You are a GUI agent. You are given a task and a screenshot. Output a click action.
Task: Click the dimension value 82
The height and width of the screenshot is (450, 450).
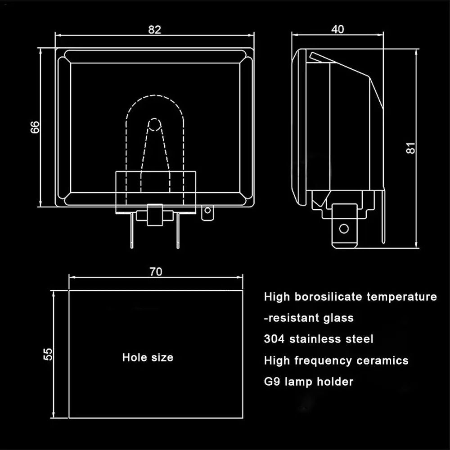(154, 29)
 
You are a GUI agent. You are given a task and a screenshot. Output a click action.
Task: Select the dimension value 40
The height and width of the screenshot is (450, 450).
(337, 29)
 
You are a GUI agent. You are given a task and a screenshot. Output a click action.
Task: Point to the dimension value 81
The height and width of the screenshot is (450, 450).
(410, 148)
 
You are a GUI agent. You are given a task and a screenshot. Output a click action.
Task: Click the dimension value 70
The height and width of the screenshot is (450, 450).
(156, 271)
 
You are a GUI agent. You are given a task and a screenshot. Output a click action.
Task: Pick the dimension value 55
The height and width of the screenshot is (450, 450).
(48, 354)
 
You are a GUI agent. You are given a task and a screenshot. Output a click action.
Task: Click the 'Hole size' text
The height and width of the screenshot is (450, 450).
(148, 358)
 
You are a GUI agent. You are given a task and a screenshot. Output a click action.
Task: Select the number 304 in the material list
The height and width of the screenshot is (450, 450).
(274, 339)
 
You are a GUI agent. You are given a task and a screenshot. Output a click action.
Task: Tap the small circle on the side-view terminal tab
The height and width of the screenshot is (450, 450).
(344, 228)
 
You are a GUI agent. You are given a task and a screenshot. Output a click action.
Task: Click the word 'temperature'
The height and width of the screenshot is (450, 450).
(402, 297)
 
